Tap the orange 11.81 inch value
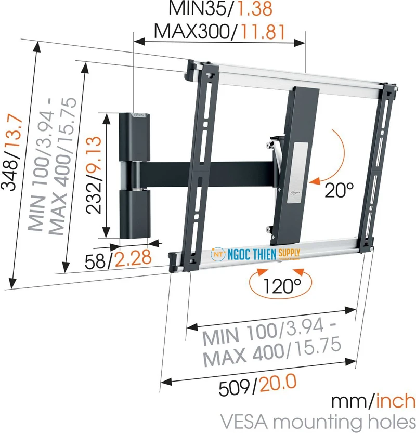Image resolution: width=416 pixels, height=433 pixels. pos(262,32)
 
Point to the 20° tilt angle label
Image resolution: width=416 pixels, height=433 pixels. pos(339,190)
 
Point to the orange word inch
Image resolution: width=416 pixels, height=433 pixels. pos(396,401)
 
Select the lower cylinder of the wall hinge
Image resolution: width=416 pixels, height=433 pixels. pos(133,213)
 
